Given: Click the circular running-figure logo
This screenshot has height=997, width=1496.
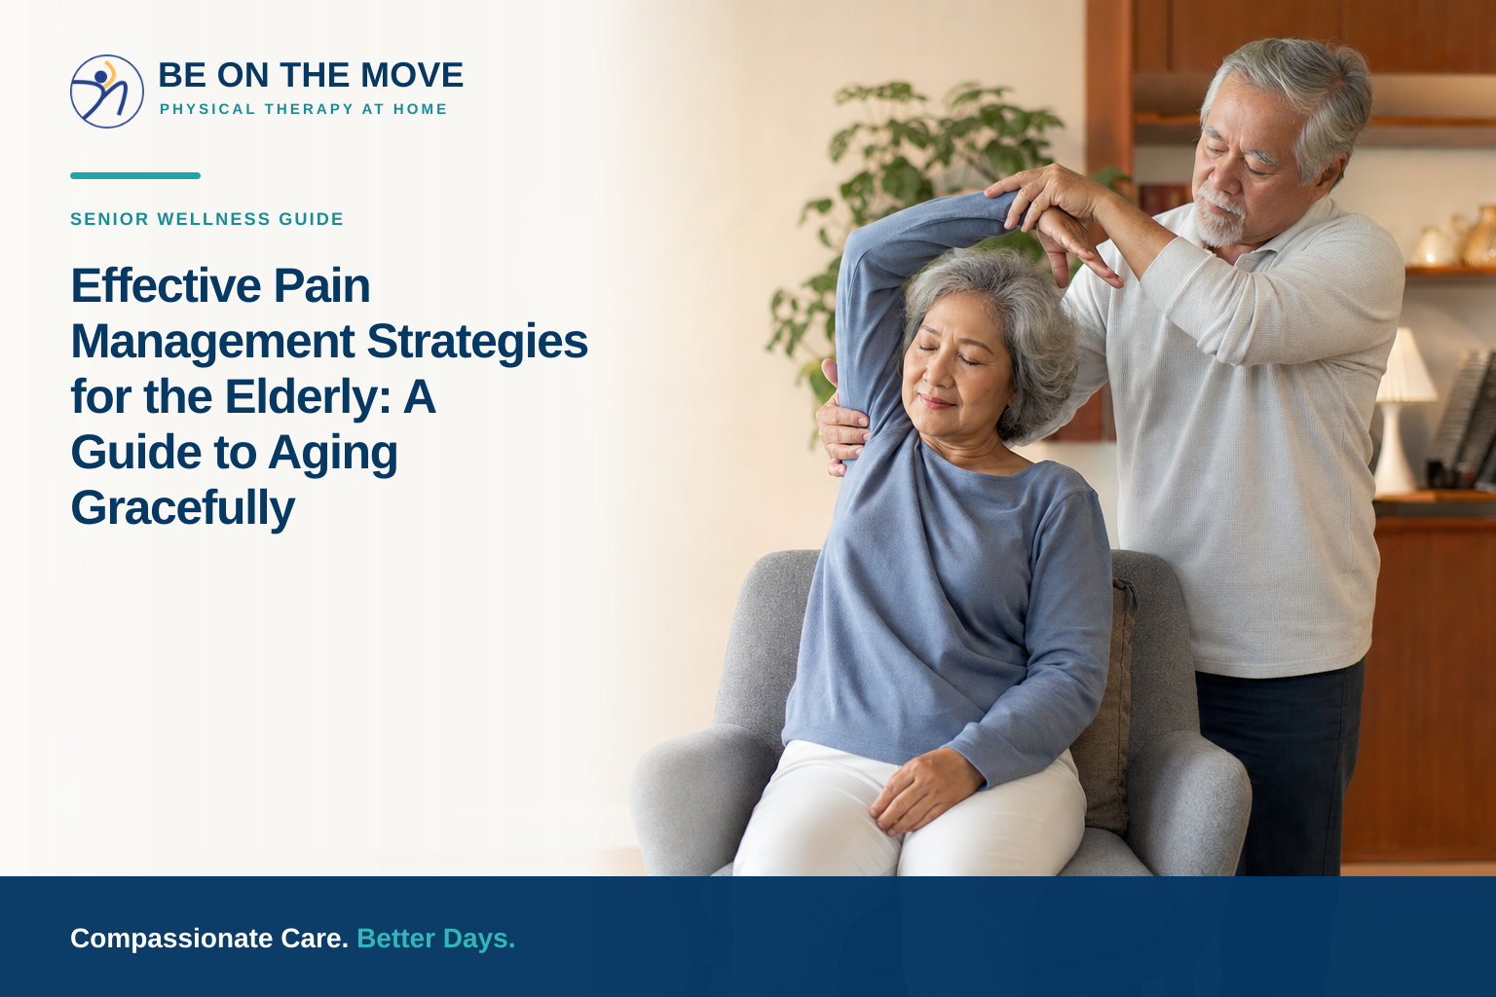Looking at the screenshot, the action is (x=107, y=92).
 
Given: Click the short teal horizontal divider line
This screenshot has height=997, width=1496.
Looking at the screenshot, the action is (x=135, y=175).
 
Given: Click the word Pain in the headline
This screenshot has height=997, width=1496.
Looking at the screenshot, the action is (x=322, y=286).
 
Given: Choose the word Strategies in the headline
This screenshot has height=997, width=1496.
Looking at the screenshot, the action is (x=477, y=342).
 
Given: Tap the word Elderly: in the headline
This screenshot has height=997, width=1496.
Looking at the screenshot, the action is (x=308, y=396).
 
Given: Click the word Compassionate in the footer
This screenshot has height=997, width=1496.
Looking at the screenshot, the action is (x=172, y=939).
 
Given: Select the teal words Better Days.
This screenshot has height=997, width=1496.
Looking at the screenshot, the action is (x=436, y=939).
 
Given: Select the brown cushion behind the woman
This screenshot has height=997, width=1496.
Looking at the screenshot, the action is (x=1105, y=708).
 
